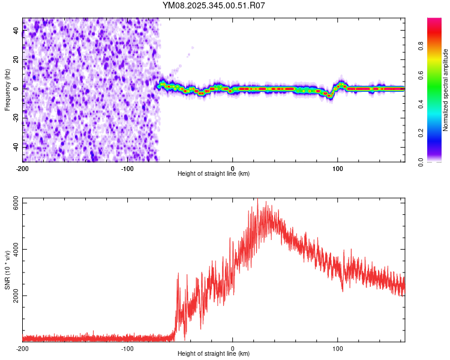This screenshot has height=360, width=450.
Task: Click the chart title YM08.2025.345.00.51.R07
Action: pyautogui.click(x=214, y=6)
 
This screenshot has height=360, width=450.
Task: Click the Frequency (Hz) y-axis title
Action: pyautogui.click(x=7, y=90)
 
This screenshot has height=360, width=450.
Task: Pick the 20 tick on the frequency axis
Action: pyautogui.click(x=16, y=59)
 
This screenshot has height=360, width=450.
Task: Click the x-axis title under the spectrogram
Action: pyautogui.click(x=214, y=174)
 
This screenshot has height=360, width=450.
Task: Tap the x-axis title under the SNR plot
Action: pyautogui.click(x=214, y=354)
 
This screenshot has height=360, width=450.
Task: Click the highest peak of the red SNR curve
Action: pyautogui.click(x=257, y=202)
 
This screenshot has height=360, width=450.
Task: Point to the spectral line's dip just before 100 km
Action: pyautogui.click(x=329, y=95)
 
